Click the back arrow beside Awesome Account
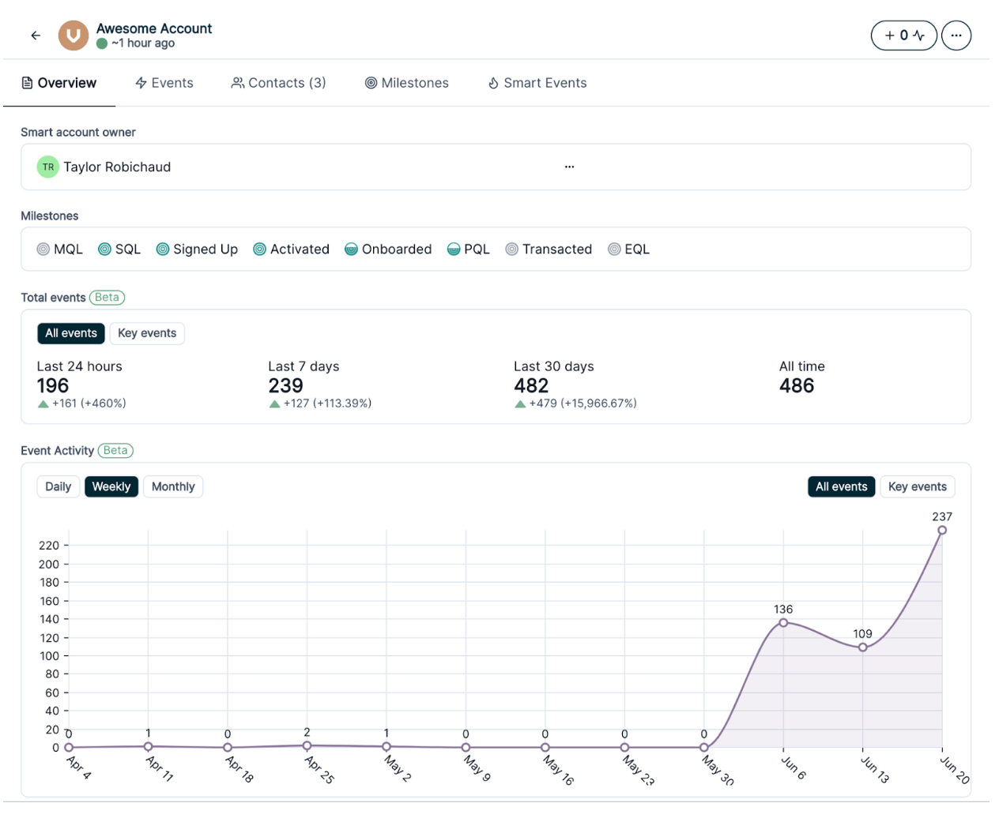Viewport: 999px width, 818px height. (x=36, y=36)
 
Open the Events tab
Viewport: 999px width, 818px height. (x=164, y=83)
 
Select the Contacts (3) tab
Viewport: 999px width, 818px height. (x=278, y=83)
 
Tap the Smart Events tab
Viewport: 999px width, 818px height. (x=537, y=83)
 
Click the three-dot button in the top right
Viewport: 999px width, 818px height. (x=956, y=36)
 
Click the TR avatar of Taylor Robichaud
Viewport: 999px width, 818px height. (x=48, y=167)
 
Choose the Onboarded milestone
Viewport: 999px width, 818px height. (x=388, y=250)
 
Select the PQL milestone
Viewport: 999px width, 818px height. (x=469, y=250)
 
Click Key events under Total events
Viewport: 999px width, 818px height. (x=147, y=333)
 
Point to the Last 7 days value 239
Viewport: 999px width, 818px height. (x=285, y=385)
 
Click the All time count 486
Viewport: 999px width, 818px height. (x=797, y=385)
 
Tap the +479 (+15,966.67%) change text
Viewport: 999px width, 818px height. (x=582, y=403)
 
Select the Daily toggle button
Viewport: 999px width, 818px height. (x=58, y=486)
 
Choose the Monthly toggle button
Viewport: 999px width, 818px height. (x=173, y=486)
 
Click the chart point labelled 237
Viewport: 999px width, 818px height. (x=942, y=530)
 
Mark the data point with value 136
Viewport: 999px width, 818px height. (x=783, y=623)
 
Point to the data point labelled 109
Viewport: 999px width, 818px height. (x=863, y=647)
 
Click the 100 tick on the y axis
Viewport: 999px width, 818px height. (x=50, y=656)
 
